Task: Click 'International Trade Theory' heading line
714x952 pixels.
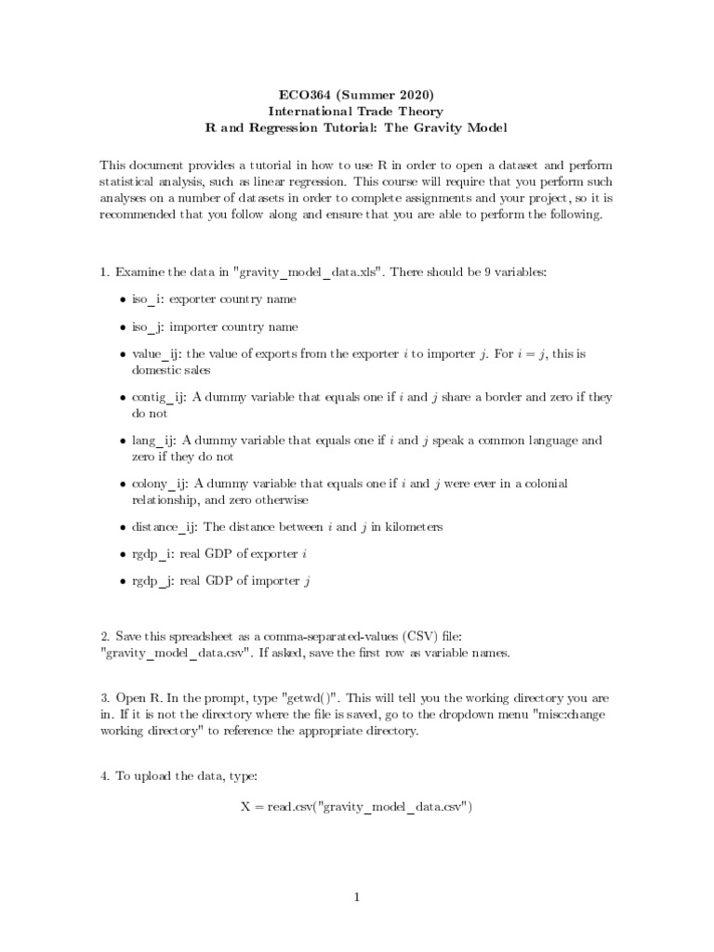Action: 357,111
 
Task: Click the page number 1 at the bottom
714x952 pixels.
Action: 356,897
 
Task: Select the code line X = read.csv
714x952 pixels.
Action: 357,806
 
